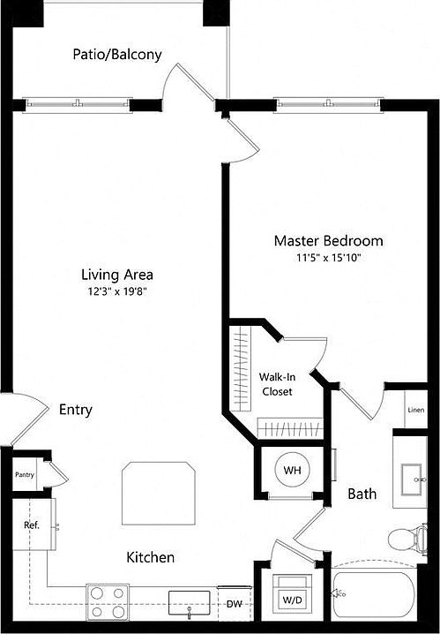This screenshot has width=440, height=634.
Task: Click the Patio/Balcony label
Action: click(x=117, y=55)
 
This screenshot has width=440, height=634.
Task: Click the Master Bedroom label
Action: click(x=328, y=240)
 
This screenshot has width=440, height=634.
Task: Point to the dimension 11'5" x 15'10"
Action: click(x=328, y=258)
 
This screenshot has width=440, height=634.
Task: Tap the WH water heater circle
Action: click(x=291, y=470)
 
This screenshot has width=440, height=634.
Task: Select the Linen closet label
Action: click(x=415, y=410)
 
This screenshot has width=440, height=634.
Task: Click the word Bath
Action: click(x=362, y=494)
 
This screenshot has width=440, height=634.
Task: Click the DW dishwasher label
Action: click(x=234, y=605)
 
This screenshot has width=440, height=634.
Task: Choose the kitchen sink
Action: click(x=189, y=602)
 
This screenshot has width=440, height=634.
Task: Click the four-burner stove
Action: click(x=107, y=601)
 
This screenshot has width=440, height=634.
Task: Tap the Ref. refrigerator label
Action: click(x=32, y=525)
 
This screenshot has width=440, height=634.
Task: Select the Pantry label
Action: click(x=24, y=474)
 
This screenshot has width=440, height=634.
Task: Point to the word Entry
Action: click(x=76, y=410)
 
